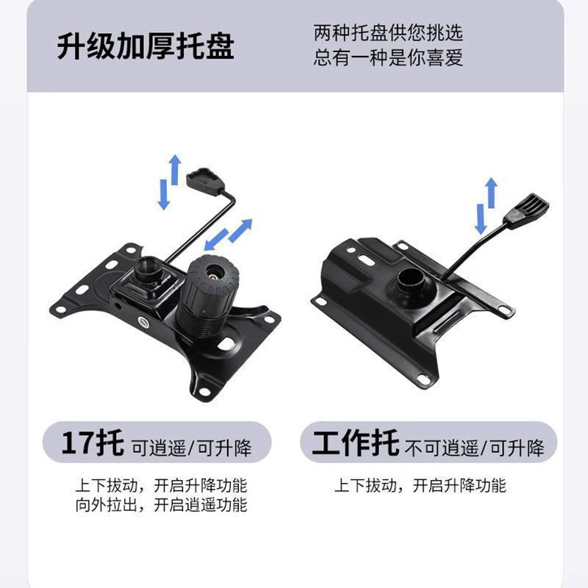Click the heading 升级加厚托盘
[146, 46]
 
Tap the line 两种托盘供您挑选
[388, 33]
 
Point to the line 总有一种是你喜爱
[388, 57]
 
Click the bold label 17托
[93, 443]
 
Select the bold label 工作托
[355, 443]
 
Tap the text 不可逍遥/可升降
[474, 448]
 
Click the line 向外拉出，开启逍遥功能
[161, 505]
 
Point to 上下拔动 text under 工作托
[365, 485]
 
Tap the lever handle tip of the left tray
[206, 181]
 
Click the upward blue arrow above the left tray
[175, 169]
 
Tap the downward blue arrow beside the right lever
[481, 219]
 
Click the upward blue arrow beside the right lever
[491, 193]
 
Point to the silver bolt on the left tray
[143, 321]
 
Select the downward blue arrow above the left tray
[164, 195]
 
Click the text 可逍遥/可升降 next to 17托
[192, 448]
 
